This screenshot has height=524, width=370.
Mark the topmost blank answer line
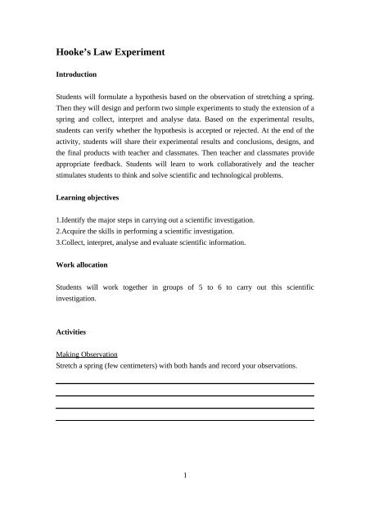point(184,383)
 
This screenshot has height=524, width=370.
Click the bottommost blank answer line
point(184,421)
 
